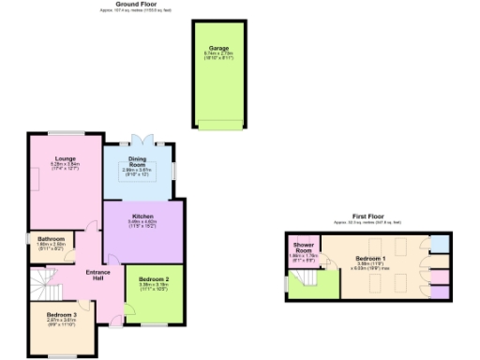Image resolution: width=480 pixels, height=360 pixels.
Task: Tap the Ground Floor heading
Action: coord(134,4)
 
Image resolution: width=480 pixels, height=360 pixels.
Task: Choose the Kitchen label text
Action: coord(142,217)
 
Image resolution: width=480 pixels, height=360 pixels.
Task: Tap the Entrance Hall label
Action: coord(98,275)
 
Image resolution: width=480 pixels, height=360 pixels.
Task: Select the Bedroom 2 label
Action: coord(154,279)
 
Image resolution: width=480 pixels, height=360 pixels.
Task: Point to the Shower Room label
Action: coord(303,248)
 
